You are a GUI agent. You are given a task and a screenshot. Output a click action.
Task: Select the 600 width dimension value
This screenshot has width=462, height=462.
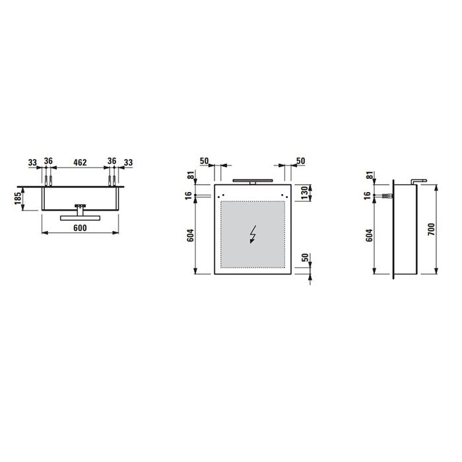(80, 228)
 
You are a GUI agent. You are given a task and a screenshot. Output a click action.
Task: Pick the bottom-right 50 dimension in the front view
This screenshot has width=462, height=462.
(304, 257)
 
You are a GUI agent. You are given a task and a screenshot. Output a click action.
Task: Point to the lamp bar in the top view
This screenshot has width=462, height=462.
(80, 214)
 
